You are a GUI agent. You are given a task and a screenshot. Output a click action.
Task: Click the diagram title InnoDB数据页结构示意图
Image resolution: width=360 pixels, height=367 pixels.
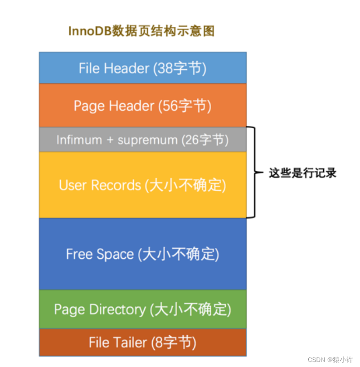pyautogui.click(x=141, y=31)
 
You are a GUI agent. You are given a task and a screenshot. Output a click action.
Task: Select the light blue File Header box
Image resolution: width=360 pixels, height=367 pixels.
pyautogui.click(x=142, y=68)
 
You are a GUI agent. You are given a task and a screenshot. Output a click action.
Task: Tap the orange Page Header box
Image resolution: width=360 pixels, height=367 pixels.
pyautogui.click(x=142, y=106)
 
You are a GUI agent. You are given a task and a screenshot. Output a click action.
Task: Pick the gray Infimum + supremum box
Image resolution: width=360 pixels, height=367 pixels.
pyautogui.click(x=142, y=140)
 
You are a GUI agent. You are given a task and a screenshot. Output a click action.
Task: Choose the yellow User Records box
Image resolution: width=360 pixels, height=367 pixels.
pyautogui.click(x=142, y=185)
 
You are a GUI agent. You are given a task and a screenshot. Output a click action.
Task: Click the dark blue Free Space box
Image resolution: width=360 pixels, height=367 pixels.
pyautogui.click(x=142, y=254)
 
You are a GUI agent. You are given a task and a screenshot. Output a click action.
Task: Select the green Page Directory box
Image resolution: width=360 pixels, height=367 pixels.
pyautogui.click(x=142, y=309)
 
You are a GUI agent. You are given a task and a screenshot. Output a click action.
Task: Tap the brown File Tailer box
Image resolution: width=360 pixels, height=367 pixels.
pyautogui.click(x=142, y=342)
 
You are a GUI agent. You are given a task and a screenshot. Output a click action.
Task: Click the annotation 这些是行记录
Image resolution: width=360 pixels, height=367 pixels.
pyautogui.click(x=302, y=173)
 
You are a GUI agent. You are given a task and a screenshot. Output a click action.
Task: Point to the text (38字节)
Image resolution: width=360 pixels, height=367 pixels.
pyautogui.click(x=180, y=68)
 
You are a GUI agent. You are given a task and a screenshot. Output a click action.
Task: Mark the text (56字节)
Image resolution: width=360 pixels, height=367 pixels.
pyautogui.click(x=185, y=106)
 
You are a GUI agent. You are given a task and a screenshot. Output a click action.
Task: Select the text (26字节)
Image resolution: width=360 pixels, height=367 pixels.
pyautogui.click(x=204, y=140)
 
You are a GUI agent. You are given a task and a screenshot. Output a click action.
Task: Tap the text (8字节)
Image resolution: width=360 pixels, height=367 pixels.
pyautogui.click(x=174, y=342)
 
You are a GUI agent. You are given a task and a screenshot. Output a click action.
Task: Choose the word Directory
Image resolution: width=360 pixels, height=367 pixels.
pyautogui.click(x=117, y=309)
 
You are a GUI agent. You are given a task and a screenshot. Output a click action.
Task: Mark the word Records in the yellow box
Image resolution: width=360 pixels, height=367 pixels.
pyautogui.click(x=116, y=185)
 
